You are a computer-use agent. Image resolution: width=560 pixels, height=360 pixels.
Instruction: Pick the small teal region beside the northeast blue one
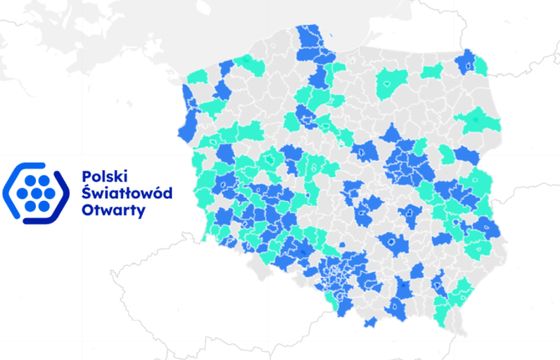[432, 72]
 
